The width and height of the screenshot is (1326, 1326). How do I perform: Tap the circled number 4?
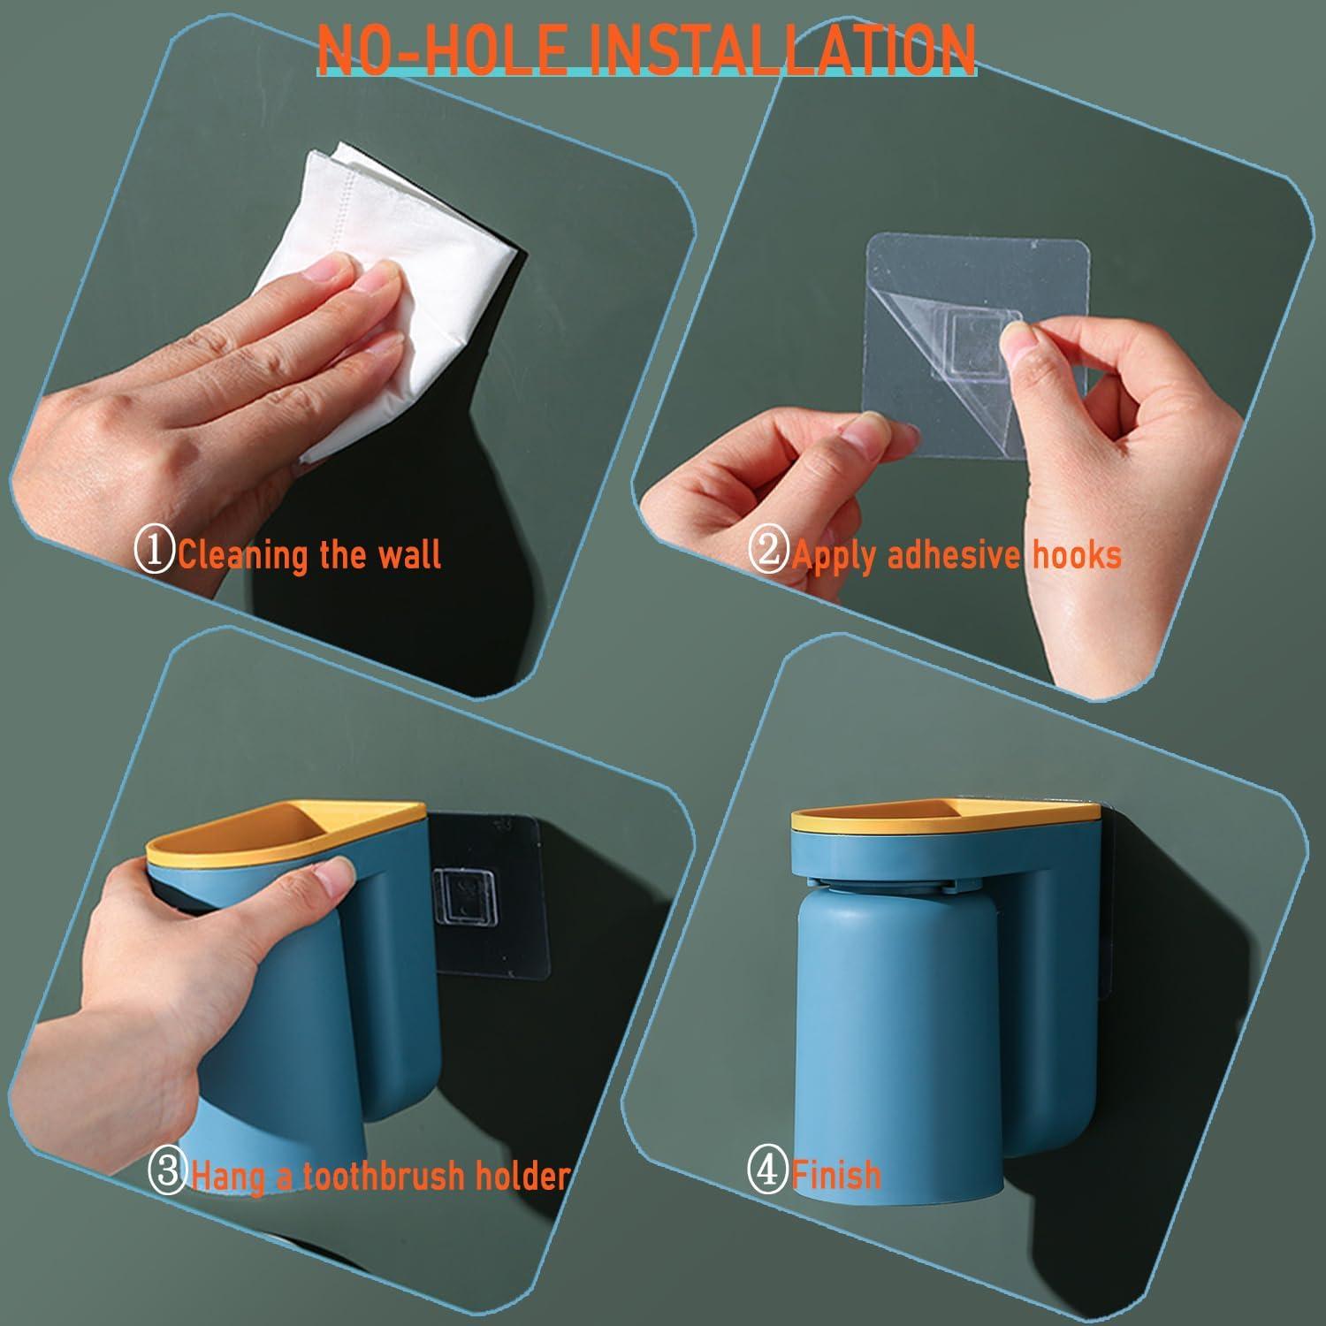[768, 1173]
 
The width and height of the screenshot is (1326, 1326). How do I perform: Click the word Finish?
[836, 1175]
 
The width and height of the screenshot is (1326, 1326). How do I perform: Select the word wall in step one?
[408, 554]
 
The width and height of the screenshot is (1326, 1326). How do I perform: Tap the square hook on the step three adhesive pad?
[465, 897]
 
